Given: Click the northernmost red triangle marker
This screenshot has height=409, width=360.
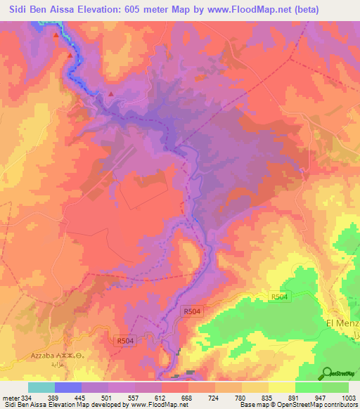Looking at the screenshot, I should tap(56, 34).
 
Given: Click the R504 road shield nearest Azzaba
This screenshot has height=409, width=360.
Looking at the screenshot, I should tap(124, 341).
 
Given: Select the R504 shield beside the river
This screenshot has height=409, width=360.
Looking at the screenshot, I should tap(192, 310).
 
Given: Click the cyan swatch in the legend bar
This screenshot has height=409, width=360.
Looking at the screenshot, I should tap(41, 387).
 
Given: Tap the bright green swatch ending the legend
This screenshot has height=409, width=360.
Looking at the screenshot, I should tap(335, 387).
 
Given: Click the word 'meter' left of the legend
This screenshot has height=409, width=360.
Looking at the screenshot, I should tap(10, 398).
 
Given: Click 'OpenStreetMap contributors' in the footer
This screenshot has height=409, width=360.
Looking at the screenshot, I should tap(318, 405).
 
